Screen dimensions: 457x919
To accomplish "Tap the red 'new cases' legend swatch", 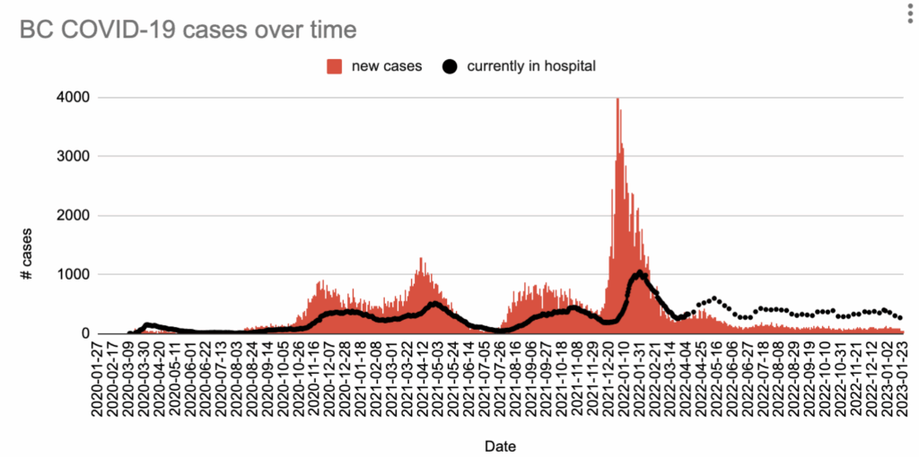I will (x=335, y=65).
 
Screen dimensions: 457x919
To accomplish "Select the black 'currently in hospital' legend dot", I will (x=450, y=65).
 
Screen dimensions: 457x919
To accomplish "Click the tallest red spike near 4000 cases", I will (x=617, y=100).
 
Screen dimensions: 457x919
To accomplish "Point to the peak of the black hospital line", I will (x=640, y=272).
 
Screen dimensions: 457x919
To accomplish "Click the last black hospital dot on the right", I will (x=899, y=318).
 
